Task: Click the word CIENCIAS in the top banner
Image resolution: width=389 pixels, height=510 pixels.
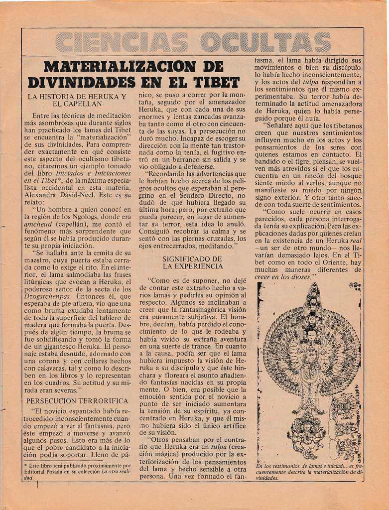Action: point(122,42)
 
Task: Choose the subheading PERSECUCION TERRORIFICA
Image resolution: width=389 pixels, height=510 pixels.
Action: point(77,400)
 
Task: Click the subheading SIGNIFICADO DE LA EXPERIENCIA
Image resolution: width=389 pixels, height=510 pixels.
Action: point(192,262)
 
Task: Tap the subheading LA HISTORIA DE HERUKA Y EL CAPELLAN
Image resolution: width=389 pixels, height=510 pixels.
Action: point(77,100)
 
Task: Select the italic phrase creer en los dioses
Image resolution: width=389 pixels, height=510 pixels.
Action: point(283,276)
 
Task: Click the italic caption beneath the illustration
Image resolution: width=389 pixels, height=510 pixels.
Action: point(309,472)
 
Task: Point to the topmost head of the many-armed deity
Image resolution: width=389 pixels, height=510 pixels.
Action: point(313,289)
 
